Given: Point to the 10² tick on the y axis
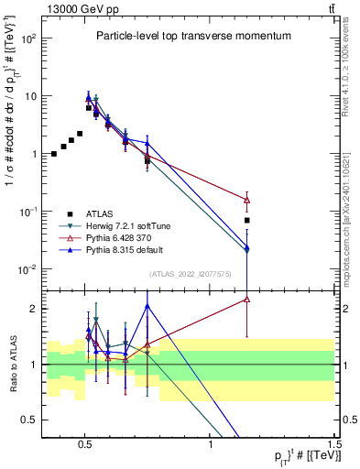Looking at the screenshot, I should pos(28,39).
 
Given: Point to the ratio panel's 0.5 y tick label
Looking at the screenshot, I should pos(28,420).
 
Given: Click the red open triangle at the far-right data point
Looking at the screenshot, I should pos(246,200).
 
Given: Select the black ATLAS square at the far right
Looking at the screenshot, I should pos(246,221).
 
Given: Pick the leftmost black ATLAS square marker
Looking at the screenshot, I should pos(54,154).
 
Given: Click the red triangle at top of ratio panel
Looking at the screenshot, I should pos(246,299).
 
